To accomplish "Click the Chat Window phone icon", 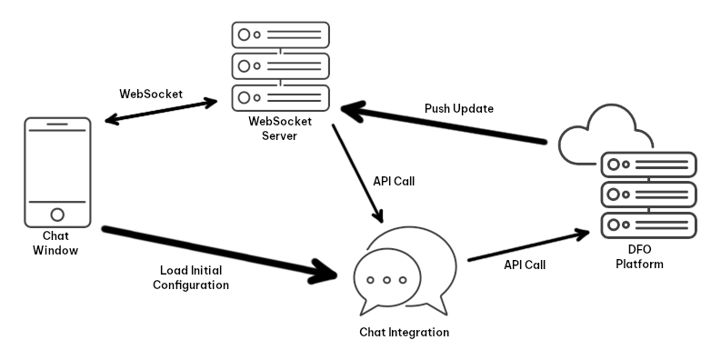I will coord(56,173).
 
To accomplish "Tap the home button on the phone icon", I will coord(56,215).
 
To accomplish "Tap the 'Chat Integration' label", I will coord(404,332).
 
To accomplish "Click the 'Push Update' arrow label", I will coord(458,108).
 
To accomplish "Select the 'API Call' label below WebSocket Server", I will coord(394,181).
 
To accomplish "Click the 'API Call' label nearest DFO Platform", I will coord(524,265).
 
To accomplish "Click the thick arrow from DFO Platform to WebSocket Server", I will coord(446,125).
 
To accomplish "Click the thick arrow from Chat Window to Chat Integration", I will coord(218,252).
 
